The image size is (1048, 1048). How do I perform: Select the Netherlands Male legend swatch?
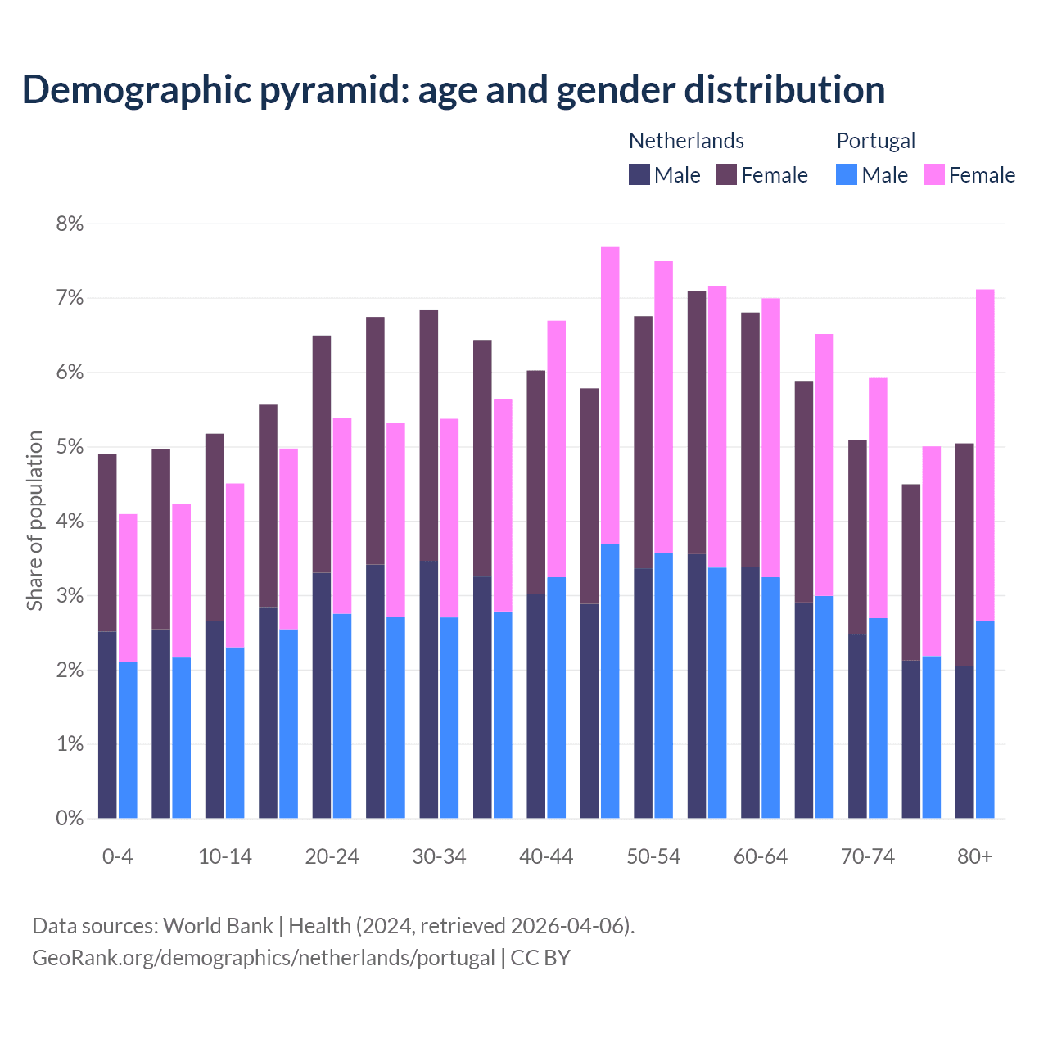[639, 174]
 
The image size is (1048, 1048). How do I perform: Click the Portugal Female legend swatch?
[933, 174]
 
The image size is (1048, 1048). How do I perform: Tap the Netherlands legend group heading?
[686, 141]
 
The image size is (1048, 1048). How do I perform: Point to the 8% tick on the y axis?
[69, 224]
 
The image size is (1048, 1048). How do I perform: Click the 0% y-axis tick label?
[69, 818]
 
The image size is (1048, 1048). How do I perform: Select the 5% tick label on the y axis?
[69, 447]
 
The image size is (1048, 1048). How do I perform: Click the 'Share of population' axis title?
[34, 521]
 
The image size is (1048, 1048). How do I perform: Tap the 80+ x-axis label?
[974, 857]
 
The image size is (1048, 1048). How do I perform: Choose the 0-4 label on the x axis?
[117, 857]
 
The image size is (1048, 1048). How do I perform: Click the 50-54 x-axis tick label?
[653, 857]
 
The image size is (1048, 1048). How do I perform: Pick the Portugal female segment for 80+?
[985, 455]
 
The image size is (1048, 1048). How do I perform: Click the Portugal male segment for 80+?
[985, 720]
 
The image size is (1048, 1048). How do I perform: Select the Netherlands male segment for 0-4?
[107, 725]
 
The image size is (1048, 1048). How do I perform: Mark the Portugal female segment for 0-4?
[128, 588]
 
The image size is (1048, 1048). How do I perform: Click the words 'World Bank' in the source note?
[218, 926]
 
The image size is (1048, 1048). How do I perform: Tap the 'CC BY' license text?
[540, 958]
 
